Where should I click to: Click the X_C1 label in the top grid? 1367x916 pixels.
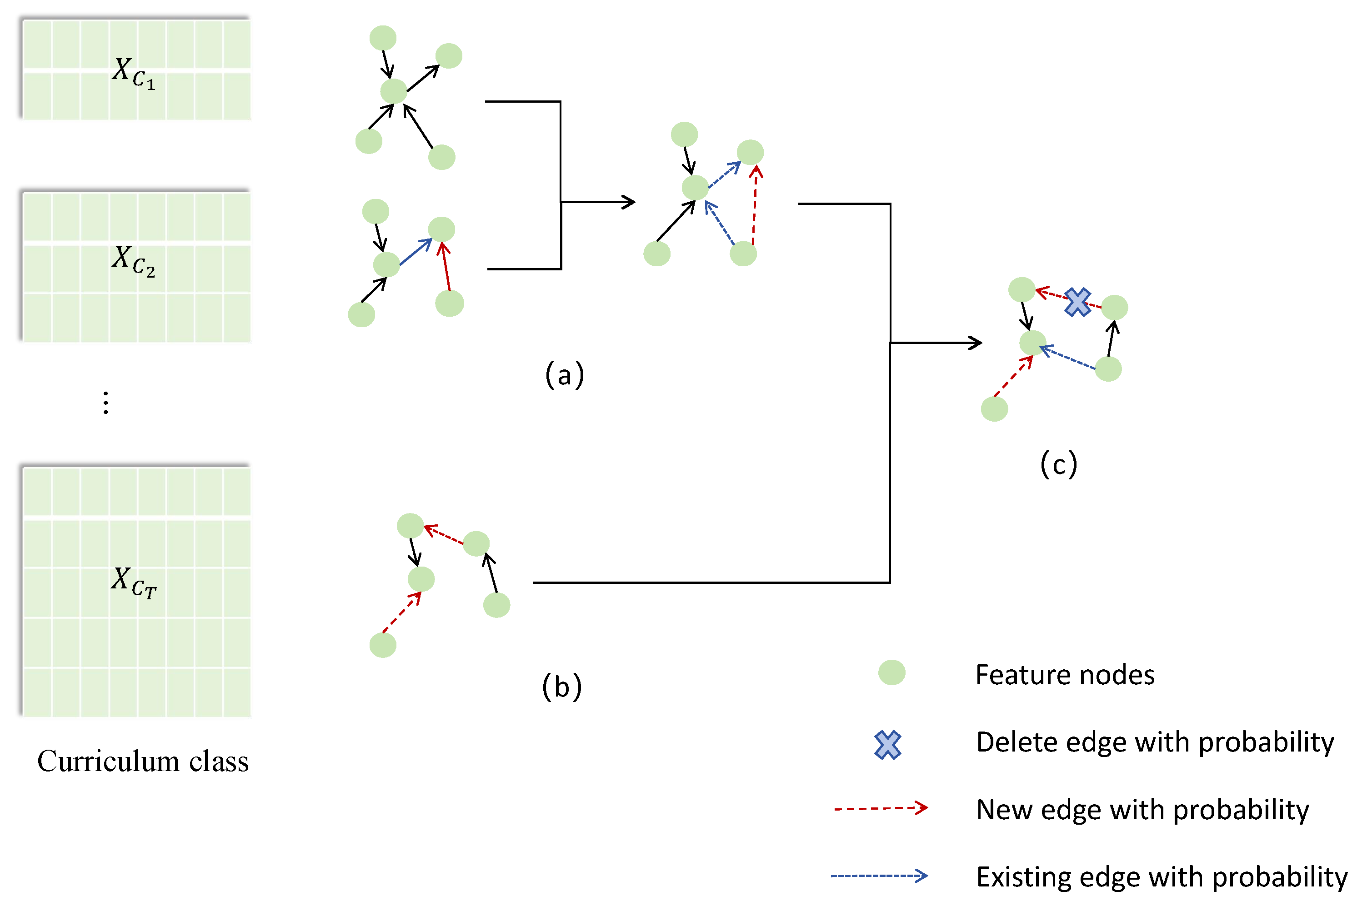(x=133, y=72)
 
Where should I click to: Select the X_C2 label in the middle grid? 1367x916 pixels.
(x=133, y=260)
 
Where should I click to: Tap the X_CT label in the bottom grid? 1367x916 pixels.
(x=133, y=582)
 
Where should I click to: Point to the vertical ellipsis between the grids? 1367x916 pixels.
(x=106, y=403)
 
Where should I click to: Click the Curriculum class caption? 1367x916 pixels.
(x=143, y=761)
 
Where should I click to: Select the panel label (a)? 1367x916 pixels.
(x=564, y=374)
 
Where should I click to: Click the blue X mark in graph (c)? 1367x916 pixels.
(x=1077, y=302)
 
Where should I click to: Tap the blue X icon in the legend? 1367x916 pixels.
(x=887, y=745)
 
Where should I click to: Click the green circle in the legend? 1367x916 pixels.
(x=891, y=672)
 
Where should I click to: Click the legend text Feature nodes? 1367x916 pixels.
(x=1064, y=675)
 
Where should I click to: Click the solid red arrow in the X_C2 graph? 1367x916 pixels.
(x=446, y=267)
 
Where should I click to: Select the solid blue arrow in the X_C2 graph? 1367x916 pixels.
(x=416, y=252)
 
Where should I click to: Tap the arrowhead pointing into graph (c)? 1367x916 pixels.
(x=974, y=343)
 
